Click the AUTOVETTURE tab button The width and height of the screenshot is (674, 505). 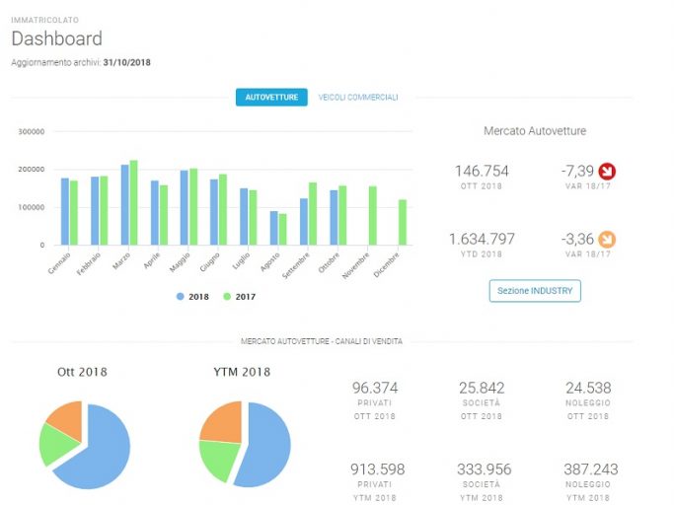[x=271, y=97]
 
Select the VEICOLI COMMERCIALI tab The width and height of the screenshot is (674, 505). [x=358, y=98]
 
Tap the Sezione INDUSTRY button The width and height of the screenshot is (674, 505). [x=535, y=291]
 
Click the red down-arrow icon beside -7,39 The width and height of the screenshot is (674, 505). [x=607, y=172]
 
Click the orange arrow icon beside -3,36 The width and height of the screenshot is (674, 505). [x=607, y=240]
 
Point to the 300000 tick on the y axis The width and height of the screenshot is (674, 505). [x=32, y=131]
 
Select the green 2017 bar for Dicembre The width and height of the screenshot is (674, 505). [x=403, y=222]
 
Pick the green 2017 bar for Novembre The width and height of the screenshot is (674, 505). [x=373, y=215]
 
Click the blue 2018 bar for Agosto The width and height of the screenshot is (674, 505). [x=273, y=228]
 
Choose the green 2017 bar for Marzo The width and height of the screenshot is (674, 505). [x=133, y=203]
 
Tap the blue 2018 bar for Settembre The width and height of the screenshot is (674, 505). [x=304, y=222]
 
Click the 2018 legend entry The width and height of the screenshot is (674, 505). [x=192, y=297]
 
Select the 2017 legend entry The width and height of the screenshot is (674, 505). [x=240, y=297]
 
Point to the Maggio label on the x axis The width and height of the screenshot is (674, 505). [x=180, y=262]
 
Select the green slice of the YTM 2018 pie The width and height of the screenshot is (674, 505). [x=218, y=459]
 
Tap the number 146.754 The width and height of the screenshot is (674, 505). [x=482, y=171]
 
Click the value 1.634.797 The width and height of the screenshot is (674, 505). [x=482, y=239]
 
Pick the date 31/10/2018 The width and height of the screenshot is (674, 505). [x=126, y=62]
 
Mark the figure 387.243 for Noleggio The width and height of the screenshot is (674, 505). [x=590, y=469]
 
